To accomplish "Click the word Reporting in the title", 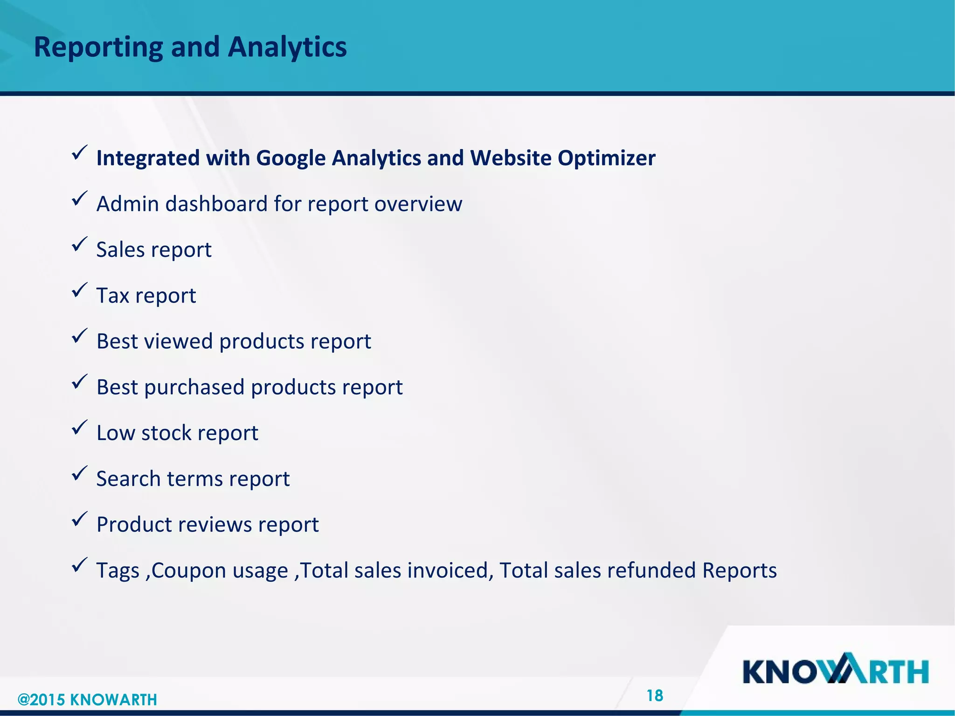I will [98, 48].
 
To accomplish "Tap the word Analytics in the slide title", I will [287, 48].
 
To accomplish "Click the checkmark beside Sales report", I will [79, 244].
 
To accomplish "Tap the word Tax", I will [112, 296].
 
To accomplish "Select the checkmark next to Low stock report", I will [79, 427].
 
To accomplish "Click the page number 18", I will [655, 695].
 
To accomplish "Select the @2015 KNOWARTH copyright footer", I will [87, 700].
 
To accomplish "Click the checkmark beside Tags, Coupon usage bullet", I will [79, 565].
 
